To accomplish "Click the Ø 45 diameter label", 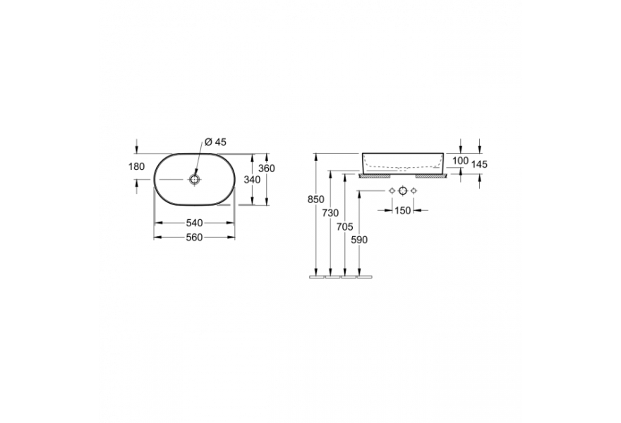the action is click(216, 142).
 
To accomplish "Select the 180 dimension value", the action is click(137, 167).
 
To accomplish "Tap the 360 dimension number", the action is click(267, 168).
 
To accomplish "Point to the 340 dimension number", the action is click(253, 180).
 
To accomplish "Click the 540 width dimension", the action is click(195, 223).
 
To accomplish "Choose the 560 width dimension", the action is click(195, 237).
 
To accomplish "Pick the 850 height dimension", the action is click(316, 200).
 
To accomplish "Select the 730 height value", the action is click(331, 214).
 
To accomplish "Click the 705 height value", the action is click(344, 227).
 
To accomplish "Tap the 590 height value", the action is click(359, 240).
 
